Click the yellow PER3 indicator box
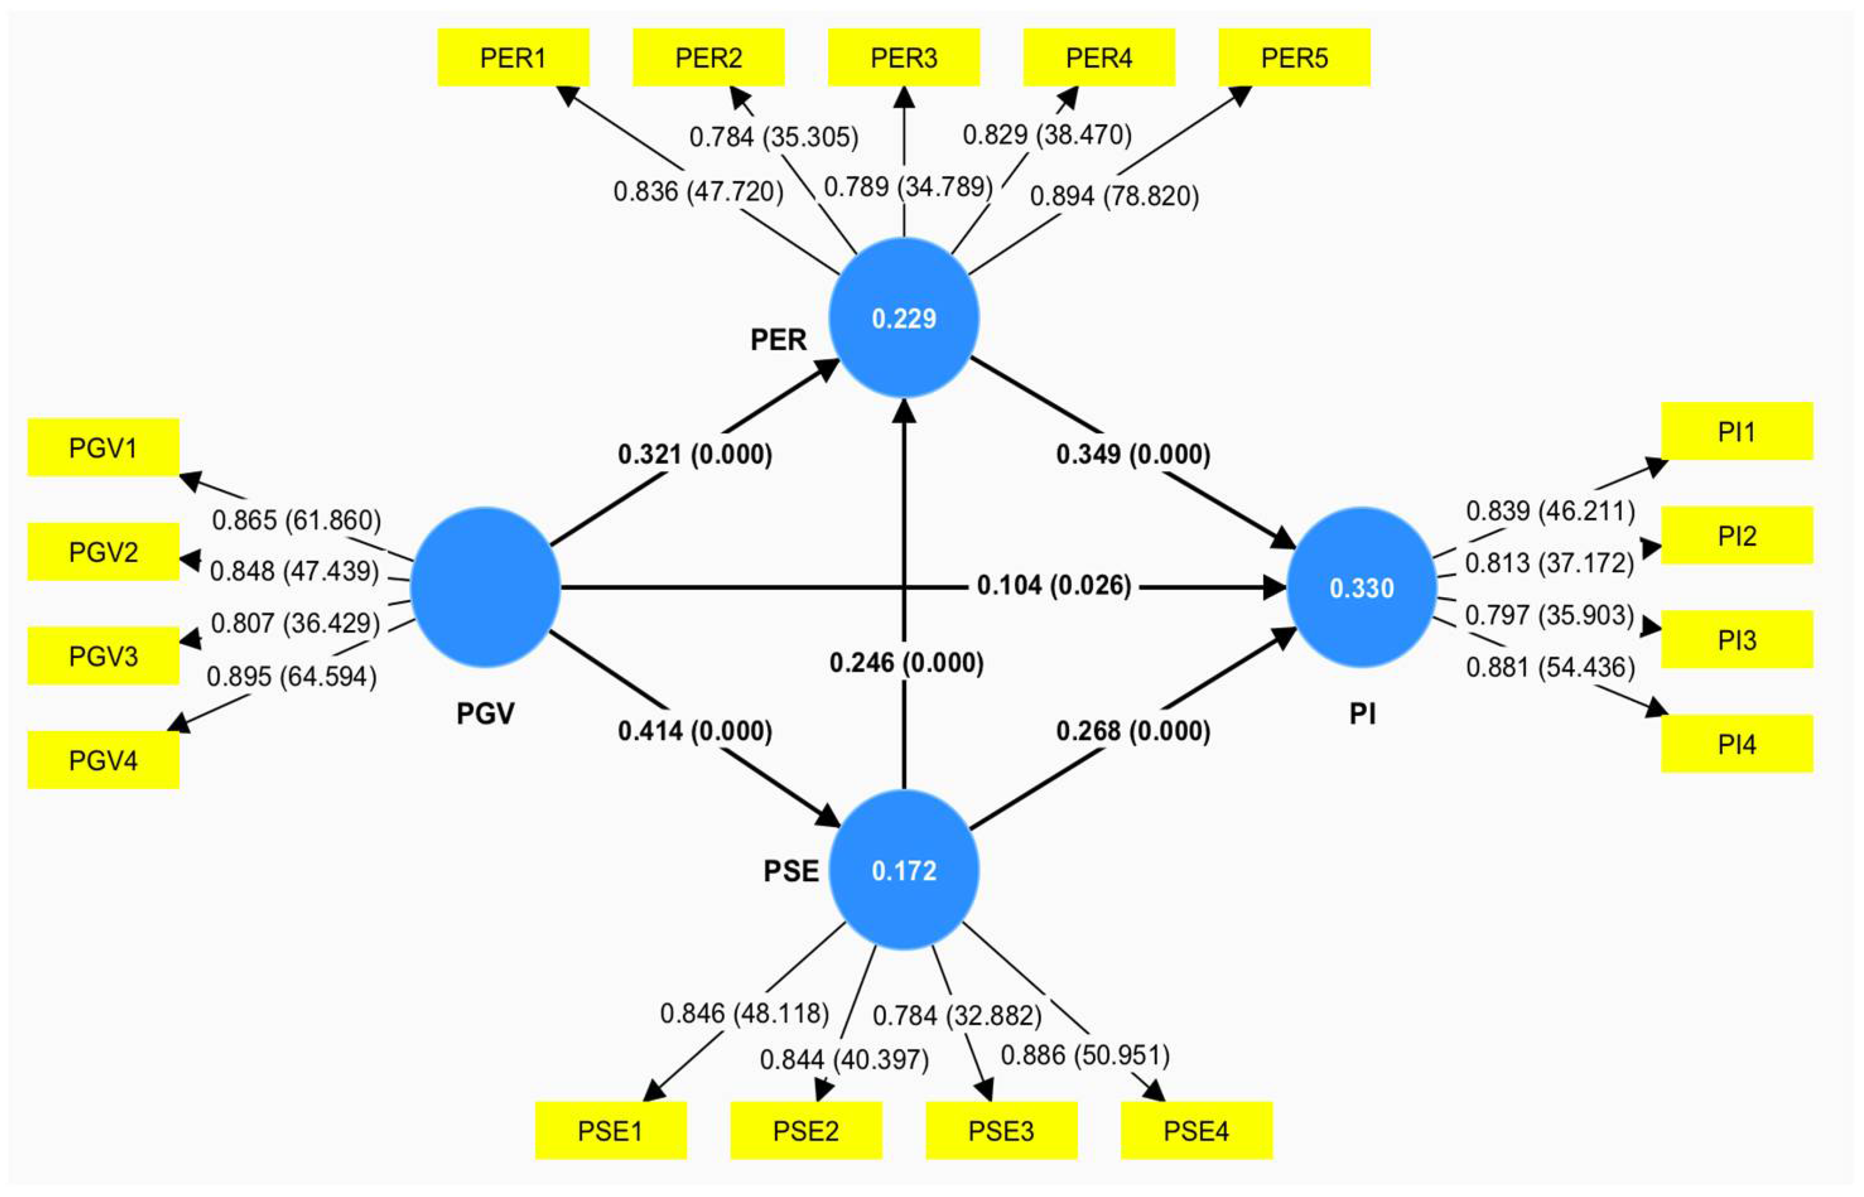point(903,57)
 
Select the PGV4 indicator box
point(103,759)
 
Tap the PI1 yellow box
point(1737,431)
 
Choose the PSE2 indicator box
point(806,1130)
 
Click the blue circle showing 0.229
point(903,318)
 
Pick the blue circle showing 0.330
point(1361,588)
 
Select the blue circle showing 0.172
point(903,870)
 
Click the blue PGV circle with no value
point(485,588)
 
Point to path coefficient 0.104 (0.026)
point(1053,585)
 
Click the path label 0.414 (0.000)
point(695,731)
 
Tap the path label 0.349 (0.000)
point(1132,454)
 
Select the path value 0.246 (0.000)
point(906,662)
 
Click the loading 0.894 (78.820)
point(1114,196)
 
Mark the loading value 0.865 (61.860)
point(296,520)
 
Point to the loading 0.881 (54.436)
point(1550,667)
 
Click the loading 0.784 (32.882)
point(957,1015)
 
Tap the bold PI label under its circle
point(1362,713)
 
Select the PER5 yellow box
point(1294,57)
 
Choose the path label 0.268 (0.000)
point(1132,731)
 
